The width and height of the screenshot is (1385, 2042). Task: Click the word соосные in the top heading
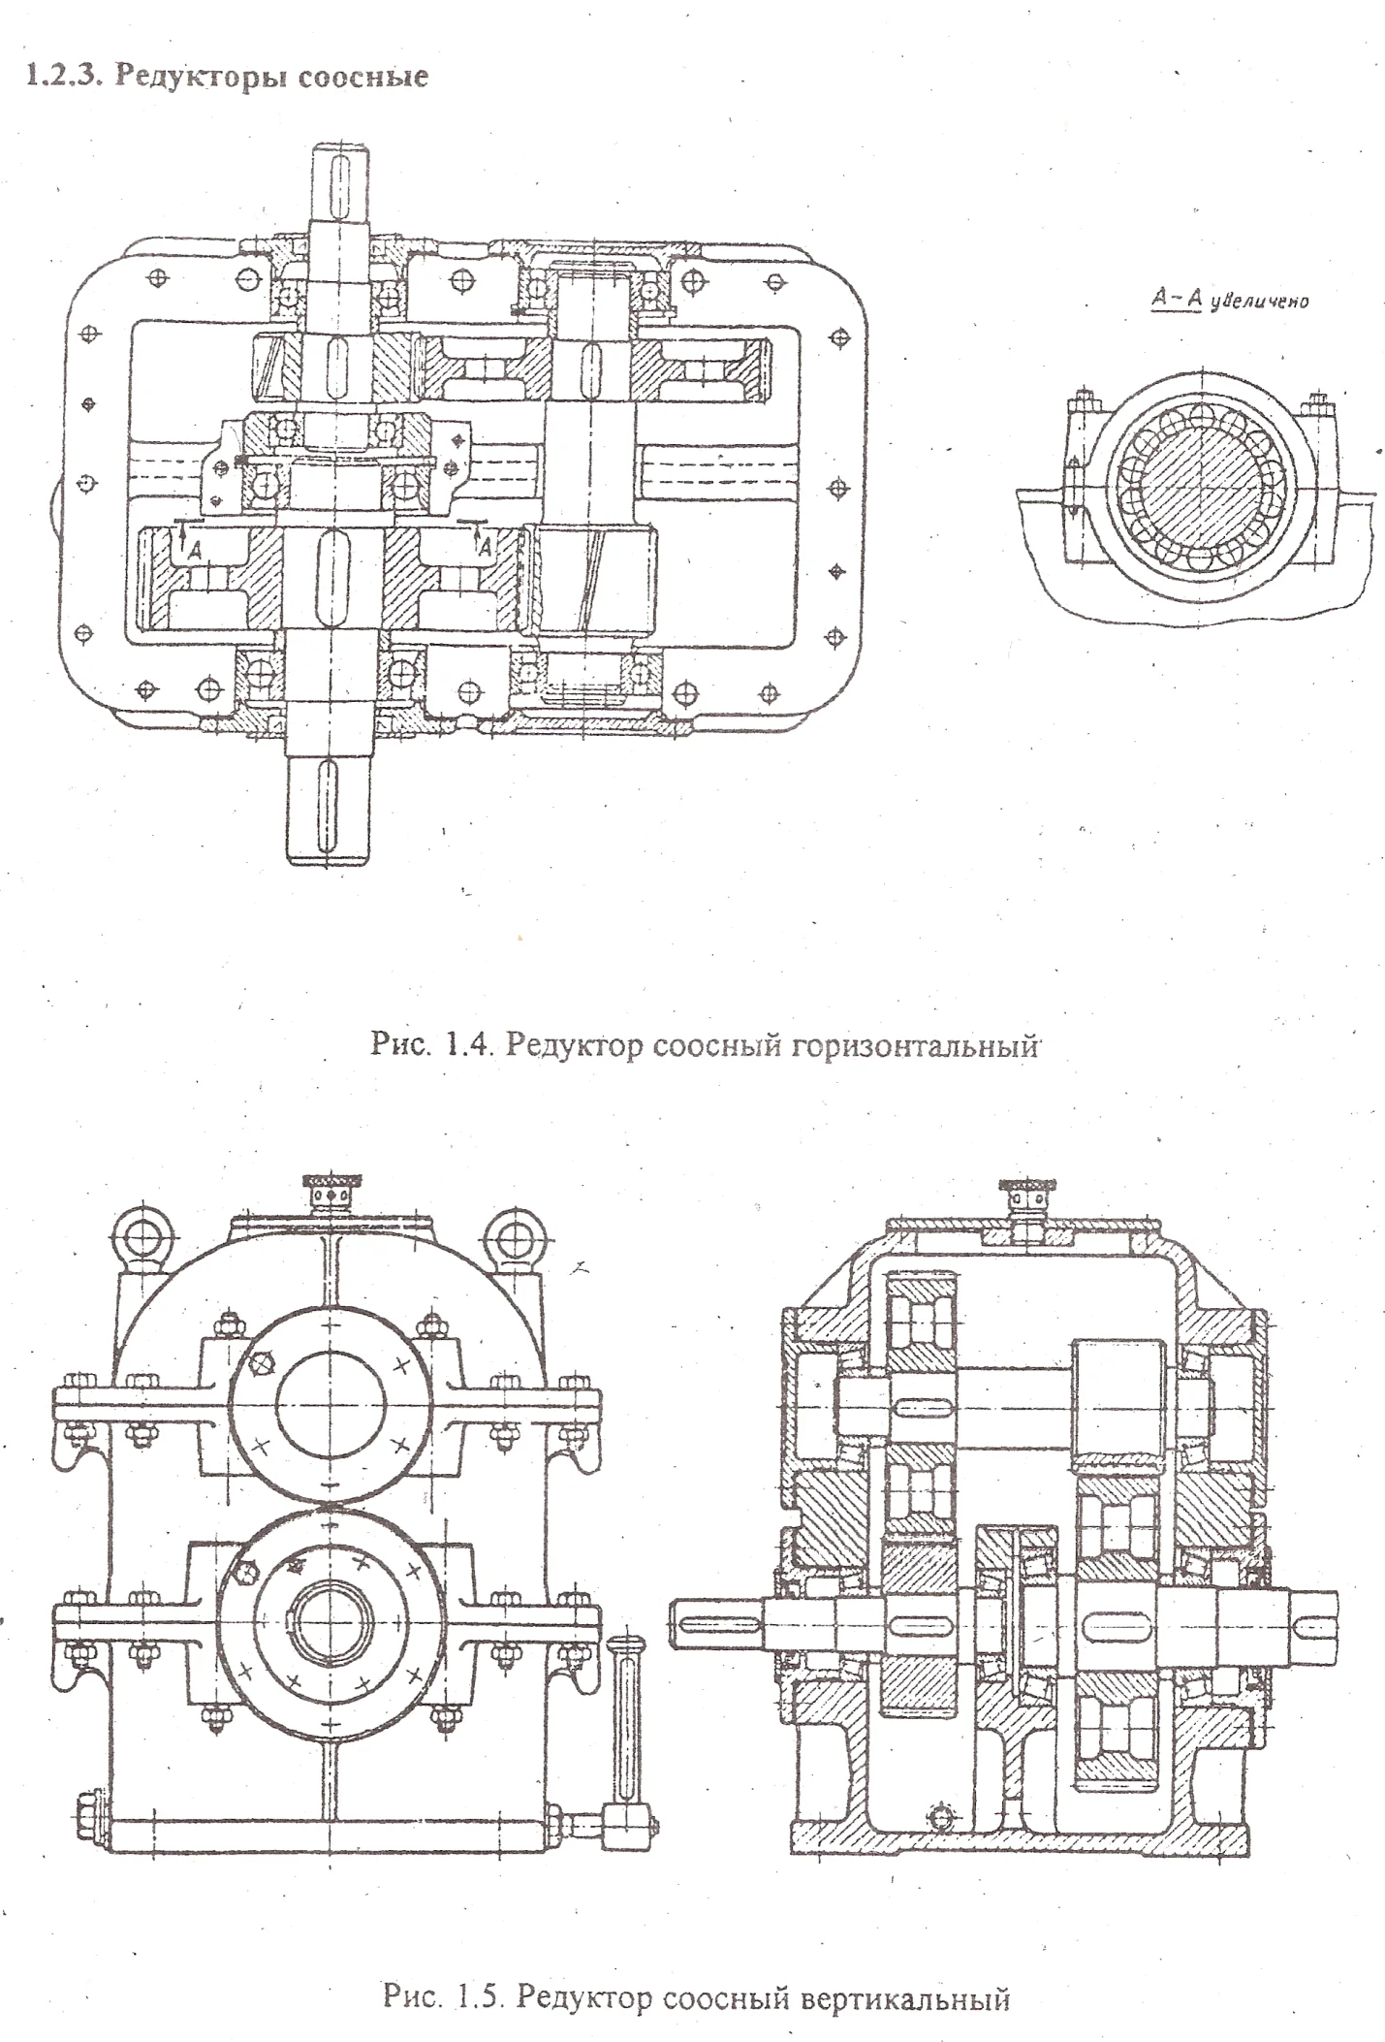[362, 77]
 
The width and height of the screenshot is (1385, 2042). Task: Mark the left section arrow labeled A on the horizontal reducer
[182, 537]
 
